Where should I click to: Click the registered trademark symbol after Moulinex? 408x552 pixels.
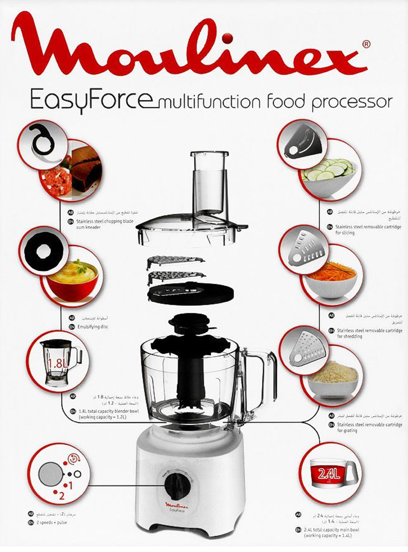366,45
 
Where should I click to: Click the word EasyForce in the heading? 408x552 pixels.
91,99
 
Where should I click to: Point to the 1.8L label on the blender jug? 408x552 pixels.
55,364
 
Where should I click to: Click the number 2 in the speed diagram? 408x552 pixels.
61,495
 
